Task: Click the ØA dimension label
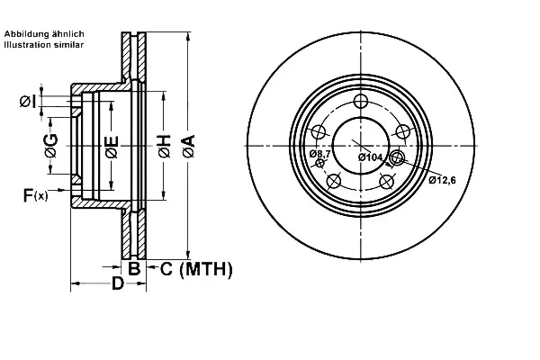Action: pos(188,147)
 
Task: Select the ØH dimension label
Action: pos(165,147)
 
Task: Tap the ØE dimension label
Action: pos(112,147)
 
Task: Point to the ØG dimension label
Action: pos(51,146)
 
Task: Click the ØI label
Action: pos(28,102)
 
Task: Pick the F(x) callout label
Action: pos(35,195)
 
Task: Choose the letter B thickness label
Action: pos(134,268)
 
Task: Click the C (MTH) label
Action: pos(196,269)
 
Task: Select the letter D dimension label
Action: pos(118,283)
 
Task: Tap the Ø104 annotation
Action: pos(370,157)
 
